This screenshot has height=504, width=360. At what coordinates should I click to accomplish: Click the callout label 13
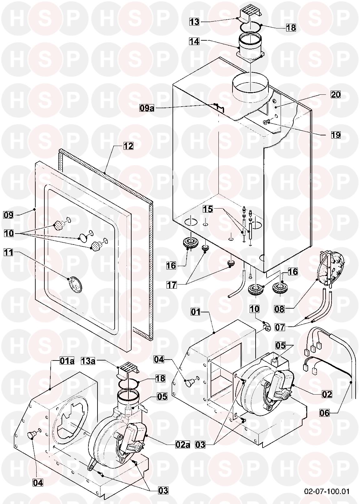point(194,22)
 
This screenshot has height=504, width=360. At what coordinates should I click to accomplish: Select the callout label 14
point(194,41)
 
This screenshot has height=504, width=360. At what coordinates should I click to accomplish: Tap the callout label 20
point(335,94)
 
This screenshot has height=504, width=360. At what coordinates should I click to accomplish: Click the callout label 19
point(336,135)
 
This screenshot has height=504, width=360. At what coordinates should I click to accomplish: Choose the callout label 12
point(128,146)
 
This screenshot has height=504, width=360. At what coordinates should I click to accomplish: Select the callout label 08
point(280,309)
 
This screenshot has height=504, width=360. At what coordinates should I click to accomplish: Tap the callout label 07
point(280,327)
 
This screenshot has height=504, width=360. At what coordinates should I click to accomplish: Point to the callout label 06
point(325,413)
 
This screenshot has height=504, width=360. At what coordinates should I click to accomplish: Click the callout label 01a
point(67,361)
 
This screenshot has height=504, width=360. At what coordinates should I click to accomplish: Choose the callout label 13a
point(88,361)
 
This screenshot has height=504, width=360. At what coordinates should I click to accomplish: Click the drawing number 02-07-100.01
point(327,491)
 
